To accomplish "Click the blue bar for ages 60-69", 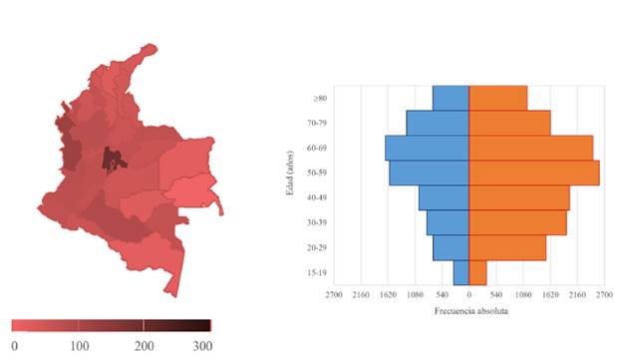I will tap(427, 148).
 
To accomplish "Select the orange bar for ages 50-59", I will tap(534, 173).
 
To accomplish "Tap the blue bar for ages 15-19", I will tap(461, 272).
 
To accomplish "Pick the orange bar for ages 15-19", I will tap(477, 272).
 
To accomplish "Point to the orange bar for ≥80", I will tap(497, 98).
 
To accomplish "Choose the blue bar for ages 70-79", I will tap(438, 123).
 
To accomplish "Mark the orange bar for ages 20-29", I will tap(507, 247).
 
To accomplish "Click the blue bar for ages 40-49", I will tap(444, 197).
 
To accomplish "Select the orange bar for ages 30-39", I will tap(517, 222).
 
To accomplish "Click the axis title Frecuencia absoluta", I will tap(469, 311).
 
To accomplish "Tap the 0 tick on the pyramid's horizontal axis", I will tap(468, 296).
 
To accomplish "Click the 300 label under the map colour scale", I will tap(202, 345).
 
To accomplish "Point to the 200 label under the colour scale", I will tap(145, 345).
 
